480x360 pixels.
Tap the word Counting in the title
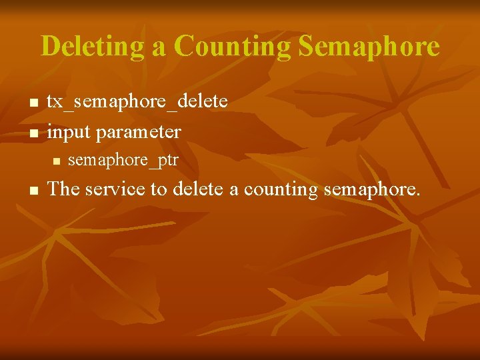click(x=233, y=47)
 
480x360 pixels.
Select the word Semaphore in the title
click(x=369, y=47)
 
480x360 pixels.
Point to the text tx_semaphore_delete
click(x=137, y=101)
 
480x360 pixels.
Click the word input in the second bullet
click(x=69, y=132)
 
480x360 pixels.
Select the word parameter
click(x=138, y=132)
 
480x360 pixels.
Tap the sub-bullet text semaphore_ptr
click(x=123, y=160)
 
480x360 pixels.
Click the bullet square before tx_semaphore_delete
click(x=33, y=103)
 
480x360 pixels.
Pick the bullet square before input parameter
click(x=33, y=133)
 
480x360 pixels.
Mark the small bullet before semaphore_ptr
click(x=56, y=161)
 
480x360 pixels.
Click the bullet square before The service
click(x=33, y=190)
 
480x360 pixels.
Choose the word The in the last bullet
click(x=64, y=189)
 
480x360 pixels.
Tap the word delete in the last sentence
click(x=198, y=189)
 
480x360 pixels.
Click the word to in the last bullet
click(x=159, y=189)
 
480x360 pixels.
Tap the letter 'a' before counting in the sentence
click(x=234, y=191)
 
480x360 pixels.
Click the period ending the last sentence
click(x=418, y=195)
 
